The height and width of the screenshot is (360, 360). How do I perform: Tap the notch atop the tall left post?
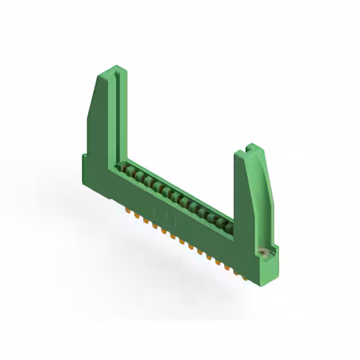(x=116, y=72)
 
